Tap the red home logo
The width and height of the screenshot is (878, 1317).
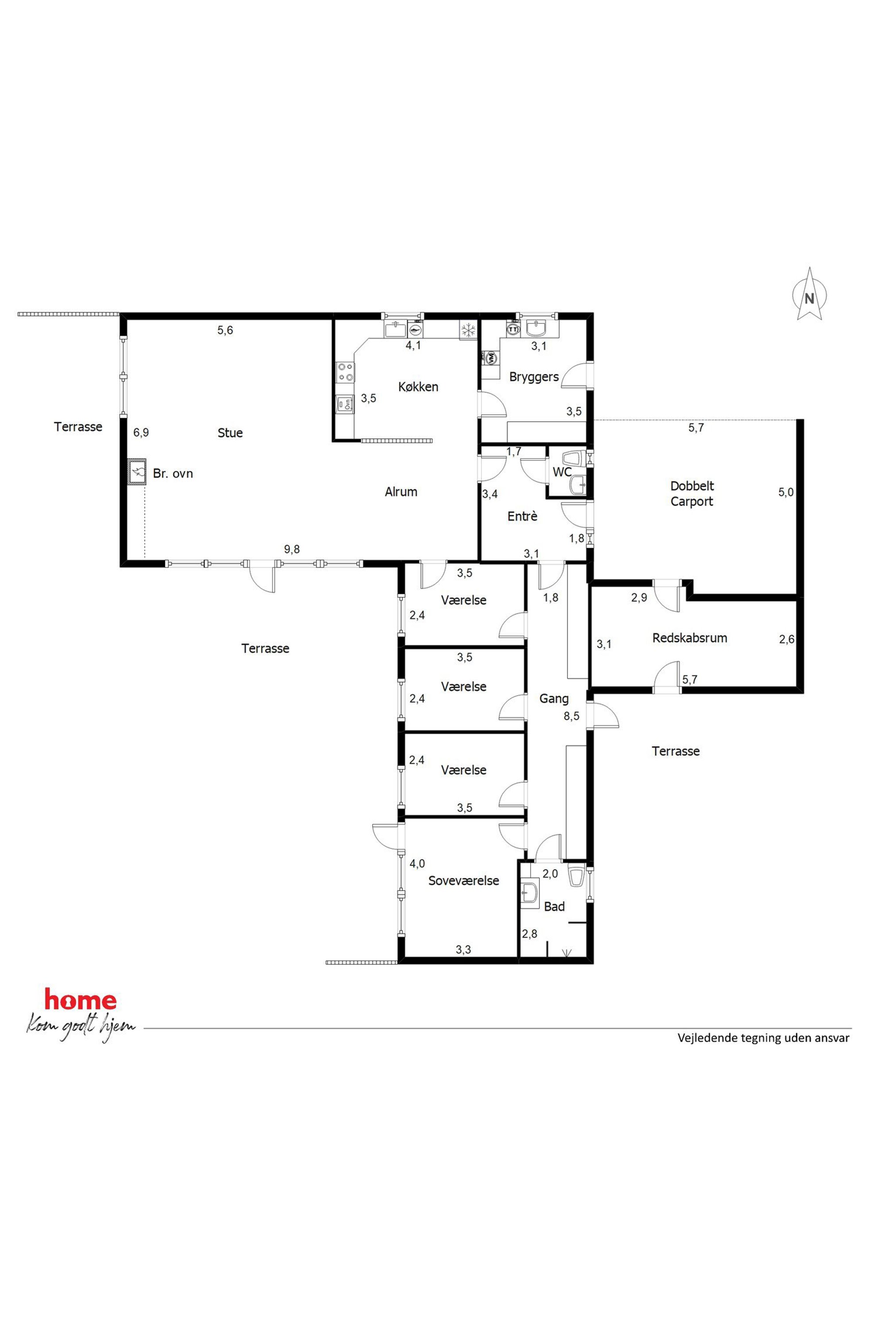click(x=81, y=1000)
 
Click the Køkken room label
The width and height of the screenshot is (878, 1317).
click(x=418, y=387)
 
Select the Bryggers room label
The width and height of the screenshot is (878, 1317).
click(x=534, y=377)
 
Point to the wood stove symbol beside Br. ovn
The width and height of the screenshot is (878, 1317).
click(x=137, y=471)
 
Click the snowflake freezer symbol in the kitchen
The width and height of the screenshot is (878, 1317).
click(x=468, y=331)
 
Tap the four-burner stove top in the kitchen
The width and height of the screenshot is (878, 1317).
click(x=345, y=372)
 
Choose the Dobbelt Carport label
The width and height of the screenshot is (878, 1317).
click(x=692, y=494)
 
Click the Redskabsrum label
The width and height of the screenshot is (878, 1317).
click(x=690, y=638)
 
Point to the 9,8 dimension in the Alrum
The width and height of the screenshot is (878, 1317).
click(x=292, y=549)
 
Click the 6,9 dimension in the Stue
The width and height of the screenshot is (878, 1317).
click(x=141, y=432)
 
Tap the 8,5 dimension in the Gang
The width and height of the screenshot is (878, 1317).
click(x=571, y=716)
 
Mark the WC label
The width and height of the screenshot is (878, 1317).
click(x=562, y=473)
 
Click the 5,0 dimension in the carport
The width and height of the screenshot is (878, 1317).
click(x=786, y=492)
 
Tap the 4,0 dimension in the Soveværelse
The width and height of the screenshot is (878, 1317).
click(x=417, y=864)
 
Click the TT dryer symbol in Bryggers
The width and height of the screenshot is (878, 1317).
click(x=513, y=329)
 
